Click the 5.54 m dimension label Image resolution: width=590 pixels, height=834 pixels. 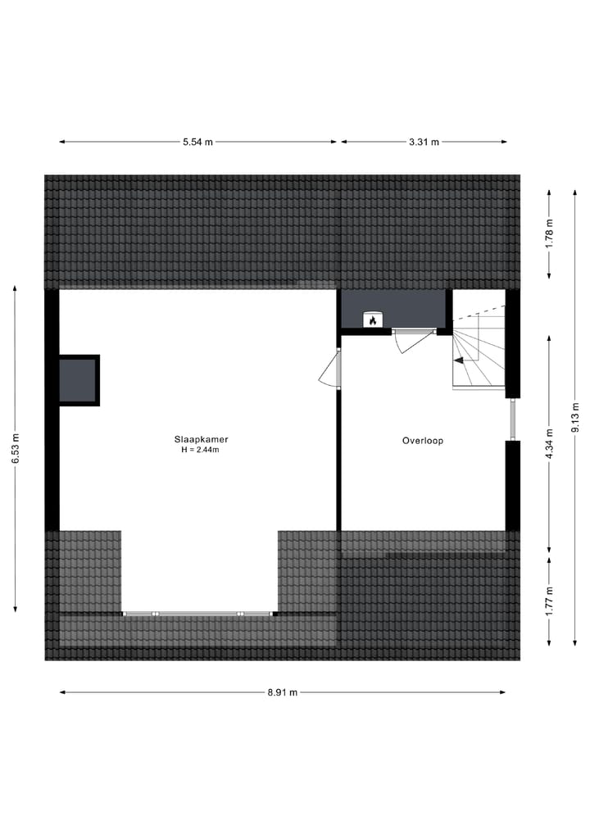point(197,142)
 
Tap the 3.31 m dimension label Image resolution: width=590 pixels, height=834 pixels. point(424,142)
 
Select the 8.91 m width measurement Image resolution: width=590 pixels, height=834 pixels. point(283,692)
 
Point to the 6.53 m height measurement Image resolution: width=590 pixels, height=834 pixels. point(15,448)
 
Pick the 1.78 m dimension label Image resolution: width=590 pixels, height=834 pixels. point(550,233)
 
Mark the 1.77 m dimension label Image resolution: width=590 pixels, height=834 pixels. point(550,601)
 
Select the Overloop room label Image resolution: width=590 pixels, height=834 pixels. point(423,441)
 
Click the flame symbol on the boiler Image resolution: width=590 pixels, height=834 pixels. point(373,320)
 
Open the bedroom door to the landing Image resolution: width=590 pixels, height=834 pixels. point(329,369)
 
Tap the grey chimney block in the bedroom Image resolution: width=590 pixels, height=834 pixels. point(78,380)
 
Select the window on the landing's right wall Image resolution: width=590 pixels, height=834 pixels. point(512,419)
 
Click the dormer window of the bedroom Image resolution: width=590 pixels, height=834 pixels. point(197,613)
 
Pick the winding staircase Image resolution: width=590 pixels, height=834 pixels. point(479,348)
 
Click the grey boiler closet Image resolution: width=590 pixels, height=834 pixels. point(393,309)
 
